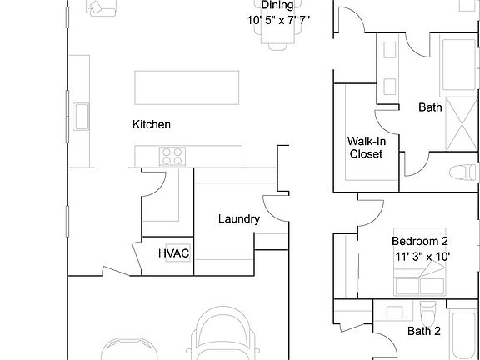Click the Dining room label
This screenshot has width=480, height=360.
[277, 5]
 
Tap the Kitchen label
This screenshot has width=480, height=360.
[152, 125]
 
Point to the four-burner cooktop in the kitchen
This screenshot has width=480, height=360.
[172, 155]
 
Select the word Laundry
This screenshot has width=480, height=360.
[238, 219]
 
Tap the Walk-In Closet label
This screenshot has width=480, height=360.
[366, 147]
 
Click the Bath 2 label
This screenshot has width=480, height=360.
[425, 331]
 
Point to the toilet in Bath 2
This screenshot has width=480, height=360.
[427, 315]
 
